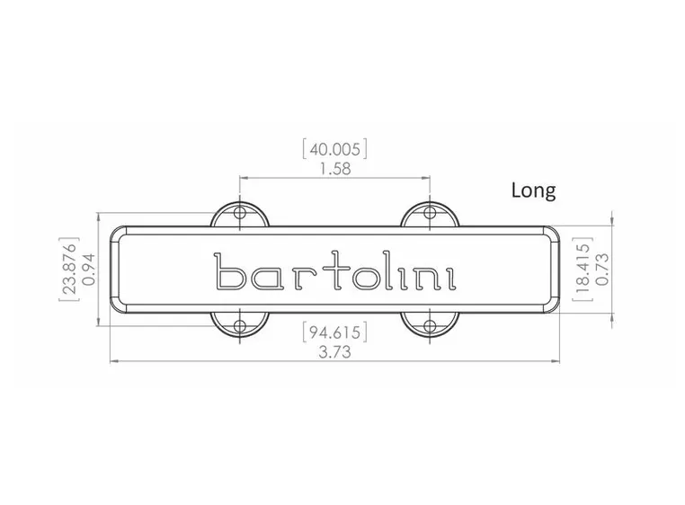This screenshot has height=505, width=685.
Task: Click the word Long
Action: click(533, 190)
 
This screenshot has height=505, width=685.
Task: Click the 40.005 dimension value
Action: click(334, 148)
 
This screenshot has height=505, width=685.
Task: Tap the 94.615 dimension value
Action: click(334, 333)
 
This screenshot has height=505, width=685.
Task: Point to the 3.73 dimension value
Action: click(334, 352)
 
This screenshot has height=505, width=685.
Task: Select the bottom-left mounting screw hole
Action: click(240, 324)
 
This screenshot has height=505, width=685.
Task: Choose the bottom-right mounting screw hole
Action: click(430, 324)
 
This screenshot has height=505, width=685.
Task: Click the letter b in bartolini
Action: click(229, 271)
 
